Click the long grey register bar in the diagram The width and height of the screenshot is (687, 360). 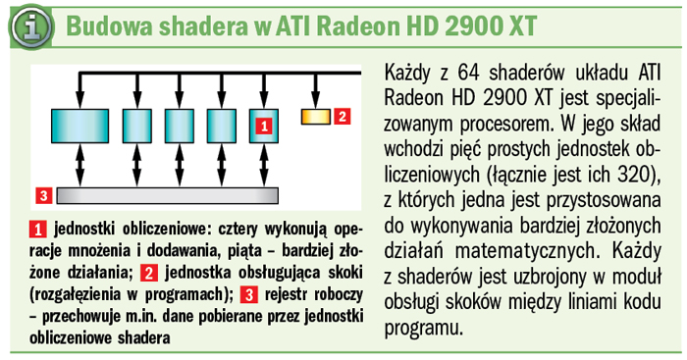[169, 193]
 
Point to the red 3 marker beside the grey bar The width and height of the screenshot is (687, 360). [42, 194]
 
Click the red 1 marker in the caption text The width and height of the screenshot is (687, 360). [38, 227]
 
